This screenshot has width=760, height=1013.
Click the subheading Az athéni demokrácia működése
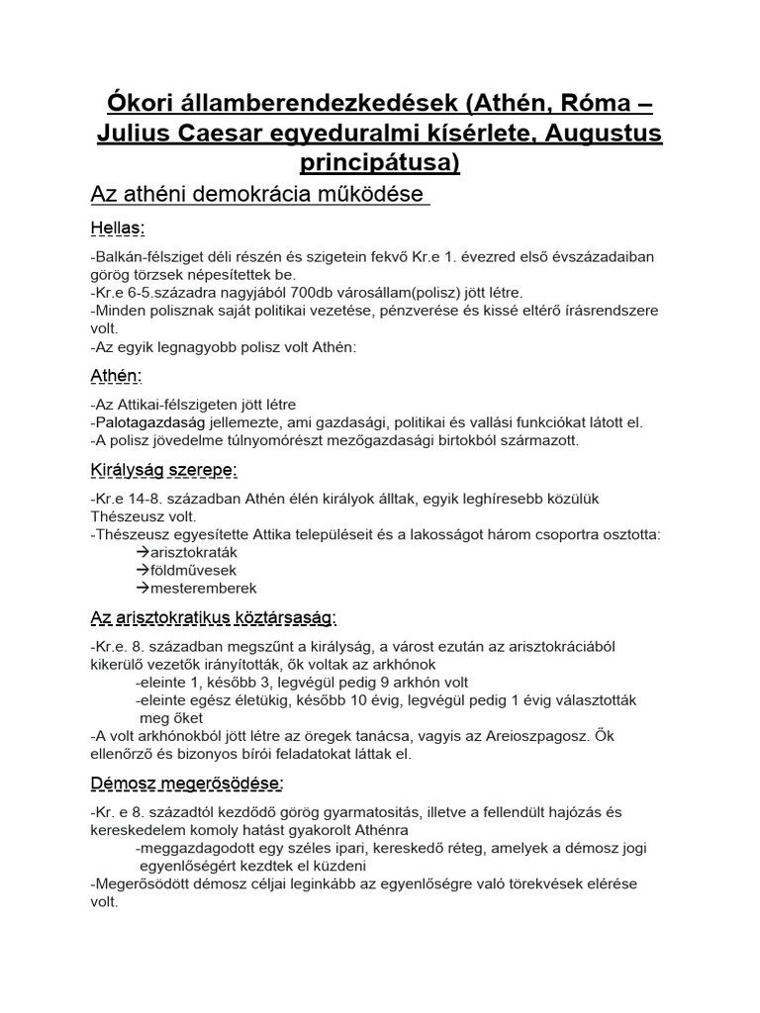pos(260,193)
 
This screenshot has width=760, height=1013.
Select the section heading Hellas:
pos(118,229)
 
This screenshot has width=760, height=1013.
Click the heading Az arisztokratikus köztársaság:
pos(213,618)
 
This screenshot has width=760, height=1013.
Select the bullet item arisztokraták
pos(190,552)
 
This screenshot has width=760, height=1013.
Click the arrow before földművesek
pos(142,570)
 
